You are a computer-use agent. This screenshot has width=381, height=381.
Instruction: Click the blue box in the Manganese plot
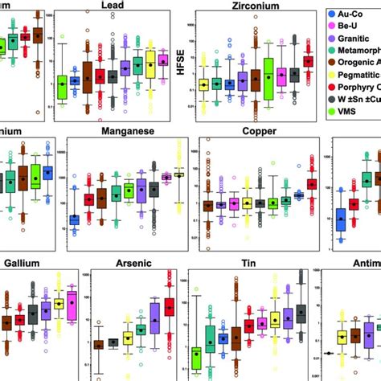[75, 219]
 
